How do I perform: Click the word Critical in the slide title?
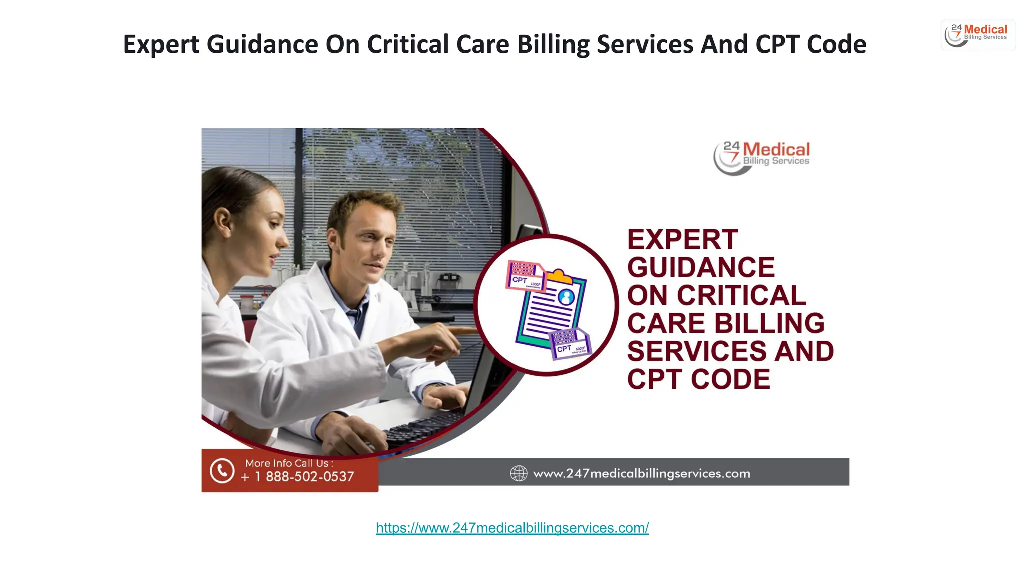[x=408, y=44]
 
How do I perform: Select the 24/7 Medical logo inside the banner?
[x=761, y=157]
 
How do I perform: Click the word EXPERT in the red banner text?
[x=682, y=240]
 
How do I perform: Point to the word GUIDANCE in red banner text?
[x=701, y=268]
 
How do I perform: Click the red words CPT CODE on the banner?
[x=698, y=380]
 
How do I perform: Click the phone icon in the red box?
[x=222, y=471]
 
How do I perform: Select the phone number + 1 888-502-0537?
[x=298, y=477]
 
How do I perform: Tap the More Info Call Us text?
[x=289, y=463]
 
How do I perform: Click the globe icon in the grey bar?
[x=519, y=473]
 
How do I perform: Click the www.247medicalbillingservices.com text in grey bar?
[x=641, y=473]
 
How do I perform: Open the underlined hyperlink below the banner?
[x=512, y=528]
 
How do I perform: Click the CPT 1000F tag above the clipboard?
[x=526, y=276]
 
